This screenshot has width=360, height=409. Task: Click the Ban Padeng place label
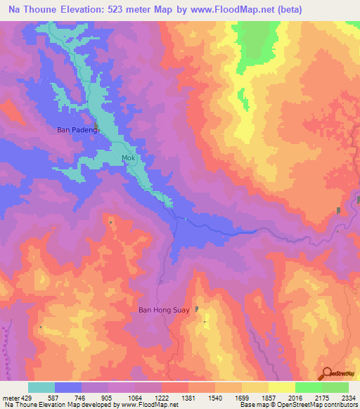77,129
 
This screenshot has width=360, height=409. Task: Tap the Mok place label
128,157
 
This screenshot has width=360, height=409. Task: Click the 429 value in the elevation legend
25,398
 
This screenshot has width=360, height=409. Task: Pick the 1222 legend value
162,398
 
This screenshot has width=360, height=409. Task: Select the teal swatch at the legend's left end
41,387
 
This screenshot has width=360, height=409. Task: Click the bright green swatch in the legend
308,387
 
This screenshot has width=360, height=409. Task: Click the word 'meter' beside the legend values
9,398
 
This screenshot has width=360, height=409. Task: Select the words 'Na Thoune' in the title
32,10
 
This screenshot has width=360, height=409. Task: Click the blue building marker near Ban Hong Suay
197,309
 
